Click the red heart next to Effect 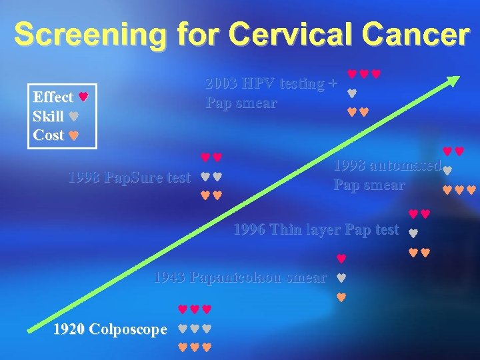click(83, 97)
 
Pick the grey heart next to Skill click(74, 116)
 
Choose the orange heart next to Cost click(74, 135)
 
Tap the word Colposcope click(127, 329)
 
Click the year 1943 click(170, 277)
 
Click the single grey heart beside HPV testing click(352, 93)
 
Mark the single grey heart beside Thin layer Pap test click(412, 233)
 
